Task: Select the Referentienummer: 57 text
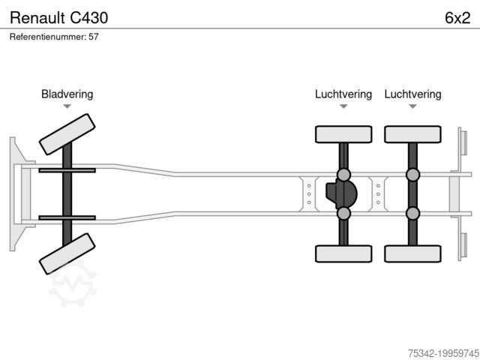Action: [55, 37]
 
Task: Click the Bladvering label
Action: [67, 94]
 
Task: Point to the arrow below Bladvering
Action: [67, 106]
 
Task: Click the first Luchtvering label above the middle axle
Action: [343, 94]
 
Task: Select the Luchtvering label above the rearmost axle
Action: [412, 94]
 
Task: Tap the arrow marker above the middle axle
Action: [343, 106]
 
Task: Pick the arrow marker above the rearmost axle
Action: [412, 106]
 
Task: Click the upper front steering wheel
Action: [67, 134]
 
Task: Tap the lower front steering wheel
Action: [67, 253]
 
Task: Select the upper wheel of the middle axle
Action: [343, 134]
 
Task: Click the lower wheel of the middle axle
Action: [343, 253]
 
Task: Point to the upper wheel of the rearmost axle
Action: [412, 134]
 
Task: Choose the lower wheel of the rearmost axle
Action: [412, 253]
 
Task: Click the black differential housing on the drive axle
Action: [340, 194]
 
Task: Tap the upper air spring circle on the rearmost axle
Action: [412, 175]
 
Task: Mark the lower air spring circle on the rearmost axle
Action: [412, 214]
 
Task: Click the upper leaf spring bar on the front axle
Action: [67, 171]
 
